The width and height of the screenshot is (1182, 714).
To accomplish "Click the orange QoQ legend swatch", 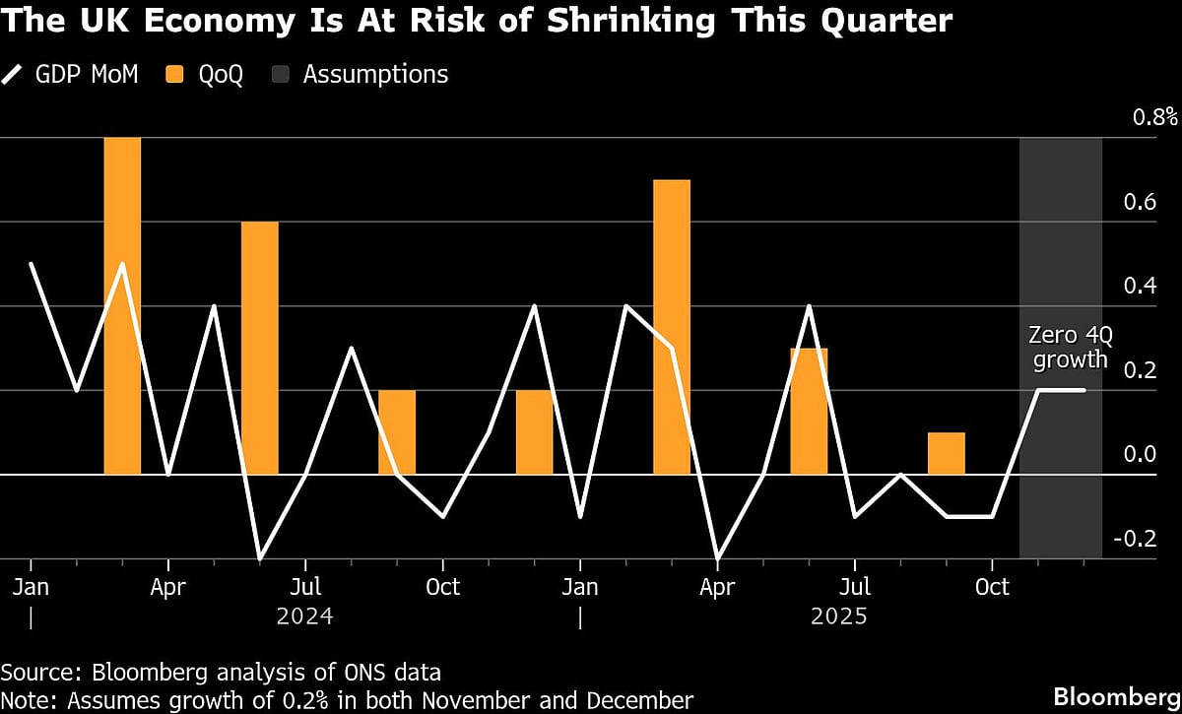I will coord(175,74).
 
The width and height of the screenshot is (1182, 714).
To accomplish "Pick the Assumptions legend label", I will coord(375,74).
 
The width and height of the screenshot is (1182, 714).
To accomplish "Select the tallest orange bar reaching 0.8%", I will coord(122,305).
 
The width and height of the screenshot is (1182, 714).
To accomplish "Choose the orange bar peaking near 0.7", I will coord(672,327).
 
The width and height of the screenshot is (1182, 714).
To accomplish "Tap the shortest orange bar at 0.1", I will coord(946,453).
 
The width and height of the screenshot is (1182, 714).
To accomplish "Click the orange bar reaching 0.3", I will coord(809,411).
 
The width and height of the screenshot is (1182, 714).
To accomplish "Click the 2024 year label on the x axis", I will coord(305,617).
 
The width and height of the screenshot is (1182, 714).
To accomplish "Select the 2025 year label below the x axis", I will coord(838,617).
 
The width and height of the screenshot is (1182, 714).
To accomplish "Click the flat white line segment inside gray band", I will coord(1062,390).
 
